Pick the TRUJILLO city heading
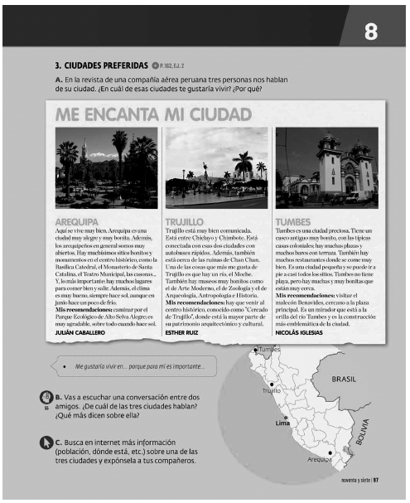(190, 222)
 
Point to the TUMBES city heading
(294, 222)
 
